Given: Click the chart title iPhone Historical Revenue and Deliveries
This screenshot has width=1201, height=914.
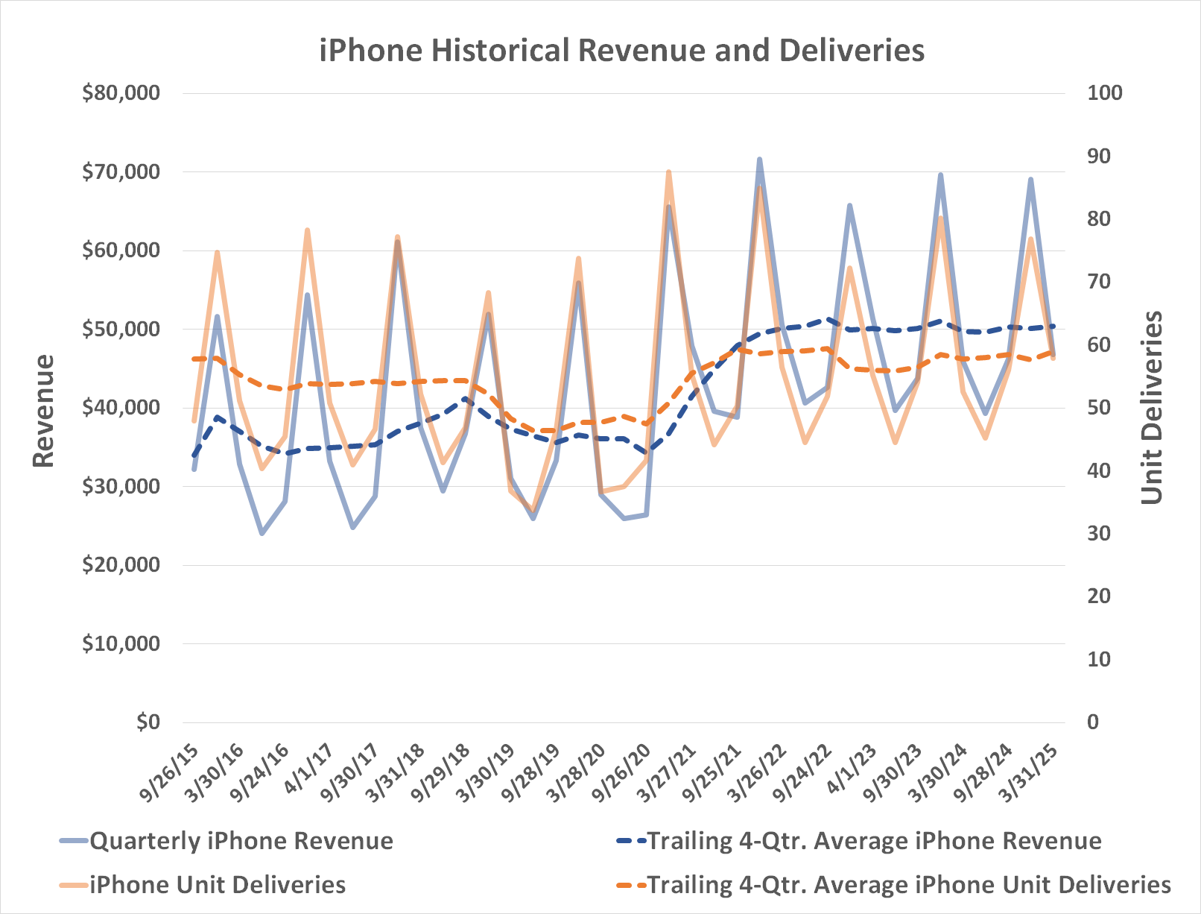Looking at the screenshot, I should [621, 51].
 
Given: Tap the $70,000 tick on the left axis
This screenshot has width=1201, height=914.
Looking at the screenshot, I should [121, 172].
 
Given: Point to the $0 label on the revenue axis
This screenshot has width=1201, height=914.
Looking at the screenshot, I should [148, 722].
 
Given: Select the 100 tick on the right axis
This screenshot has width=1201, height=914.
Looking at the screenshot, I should [1104, 93].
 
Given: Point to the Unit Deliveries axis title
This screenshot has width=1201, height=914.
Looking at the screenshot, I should [1152, 407].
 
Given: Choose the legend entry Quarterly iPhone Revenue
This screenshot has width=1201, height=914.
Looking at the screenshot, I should [241, 841].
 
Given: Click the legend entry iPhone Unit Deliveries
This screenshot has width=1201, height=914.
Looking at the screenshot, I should [217, 885].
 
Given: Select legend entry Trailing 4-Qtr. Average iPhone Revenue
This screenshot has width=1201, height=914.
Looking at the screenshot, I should [873, 841].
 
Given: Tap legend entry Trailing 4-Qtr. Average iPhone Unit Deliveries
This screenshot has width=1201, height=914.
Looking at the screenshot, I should [908, 885].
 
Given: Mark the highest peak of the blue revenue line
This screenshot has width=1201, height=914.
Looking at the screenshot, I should [759, 159].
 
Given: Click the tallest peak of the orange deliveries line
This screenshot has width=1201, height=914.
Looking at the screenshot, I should [668, 172].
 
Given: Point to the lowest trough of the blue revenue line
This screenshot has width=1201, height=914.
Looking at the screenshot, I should [262, 534].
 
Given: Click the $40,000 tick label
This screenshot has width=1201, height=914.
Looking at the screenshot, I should [121, 408].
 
